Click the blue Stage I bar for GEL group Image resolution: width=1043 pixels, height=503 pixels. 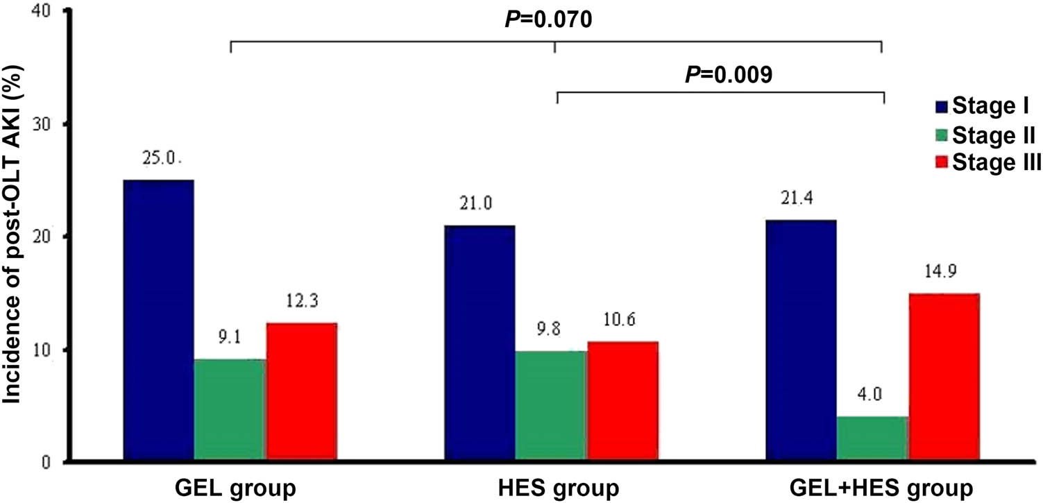coord(158,321)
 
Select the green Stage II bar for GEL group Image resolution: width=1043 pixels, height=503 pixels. coord(230,410)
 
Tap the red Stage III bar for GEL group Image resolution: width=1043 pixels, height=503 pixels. coord(301,392)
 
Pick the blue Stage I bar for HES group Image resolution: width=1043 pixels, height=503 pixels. coord(480,343)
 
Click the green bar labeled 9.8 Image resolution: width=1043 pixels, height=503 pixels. coord(551,406)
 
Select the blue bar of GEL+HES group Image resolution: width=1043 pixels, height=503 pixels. coord(801,341)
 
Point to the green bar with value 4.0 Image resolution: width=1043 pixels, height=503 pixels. coord(872,438)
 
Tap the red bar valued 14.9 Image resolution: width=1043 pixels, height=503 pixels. coord(944,377)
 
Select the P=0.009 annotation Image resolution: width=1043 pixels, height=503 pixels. coord(728,75)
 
